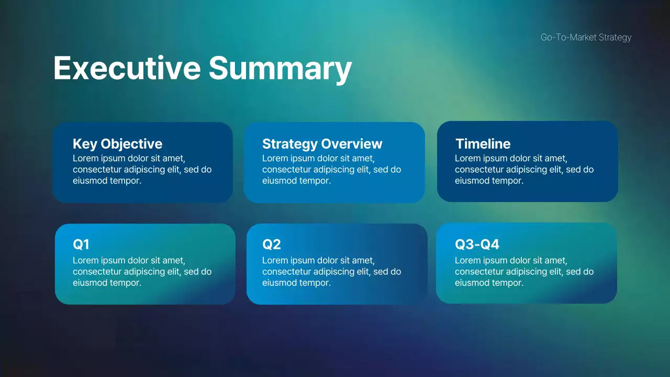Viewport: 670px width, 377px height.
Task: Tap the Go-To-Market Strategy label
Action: [586, 37]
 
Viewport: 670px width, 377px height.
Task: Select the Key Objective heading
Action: [117, 144]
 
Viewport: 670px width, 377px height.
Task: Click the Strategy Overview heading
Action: [322, 144]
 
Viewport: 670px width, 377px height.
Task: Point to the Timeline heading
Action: [483, 144]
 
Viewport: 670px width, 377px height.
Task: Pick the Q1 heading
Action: [81, 245]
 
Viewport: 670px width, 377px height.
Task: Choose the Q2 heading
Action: [271, 245]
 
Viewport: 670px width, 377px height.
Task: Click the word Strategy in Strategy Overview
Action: [289, 144]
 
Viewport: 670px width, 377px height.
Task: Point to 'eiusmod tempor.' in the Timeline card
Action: [489, 181]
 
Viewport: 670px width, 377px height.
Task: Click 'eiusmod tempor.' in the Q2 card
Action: [296, 283]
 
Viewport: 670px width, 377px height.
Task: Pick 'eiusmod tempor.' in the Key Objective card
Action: [107, 181]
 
